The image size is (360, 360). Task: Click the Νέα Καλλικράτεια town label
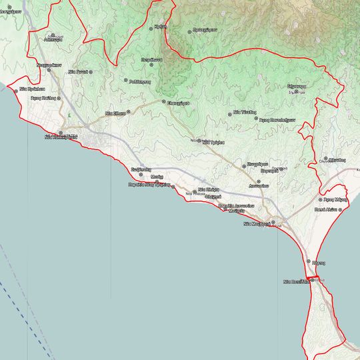pos(61,137)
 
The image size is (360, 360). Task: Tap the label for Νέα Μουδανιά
pos(256,225)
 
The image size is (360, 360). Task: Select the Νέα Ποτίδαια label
pos(297,281)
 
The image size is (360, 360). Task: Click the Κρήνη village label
pos(159,26)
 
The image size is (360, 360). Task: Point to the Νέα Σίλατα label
pos(116,113)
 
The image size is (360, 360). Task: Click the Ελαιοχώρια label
pos(178,103)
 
